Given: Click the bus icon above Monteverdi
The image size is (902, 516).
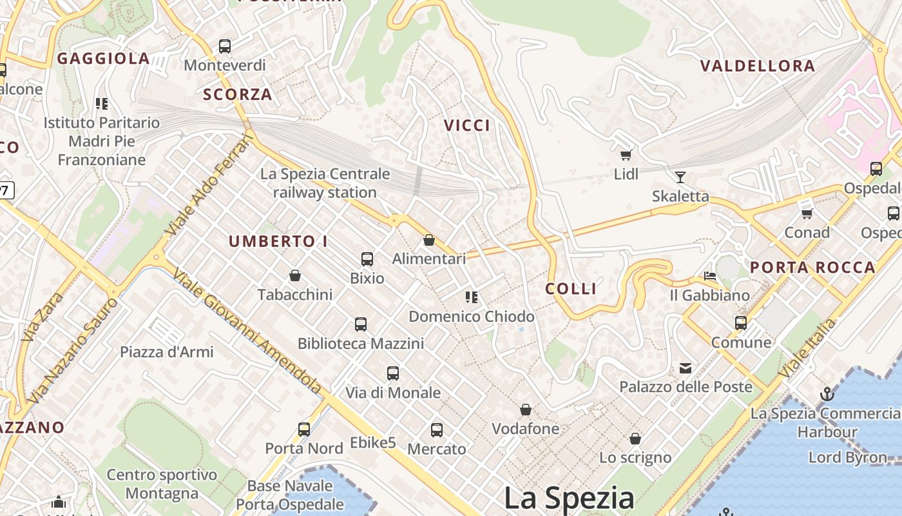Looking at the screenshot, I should point(224,46).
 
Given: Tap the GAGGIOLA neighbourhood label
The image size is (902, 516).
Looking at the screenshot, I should point(104,59).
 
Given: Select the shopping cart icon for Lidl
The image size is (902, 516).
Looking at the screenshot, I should point(625,155).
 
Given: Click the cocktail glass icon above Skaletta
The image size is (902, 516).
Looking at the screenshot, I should point(680,177).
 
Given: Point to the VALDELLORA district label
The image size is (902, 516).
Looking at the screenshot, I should point(758,66).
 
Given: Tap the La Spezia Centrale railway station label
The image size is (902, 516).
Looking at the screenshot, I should point(325,183).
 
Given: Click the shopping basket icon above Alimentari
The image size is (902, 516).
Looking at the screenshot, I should point(429,241).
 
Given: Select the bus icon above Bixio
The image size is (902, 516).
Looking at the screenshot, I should point(367,259).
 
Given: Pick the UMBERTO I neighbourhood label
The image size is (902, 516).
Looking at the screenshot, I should point(278,242).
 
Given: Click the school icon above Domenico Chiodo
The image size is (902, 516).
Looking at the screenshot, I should point(472,297).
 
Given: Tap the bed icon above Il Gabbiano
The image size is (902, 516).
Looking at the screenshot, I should point(710,276).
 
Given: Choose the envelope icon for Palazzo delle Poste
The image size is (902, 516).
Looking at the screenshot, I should point(686,368).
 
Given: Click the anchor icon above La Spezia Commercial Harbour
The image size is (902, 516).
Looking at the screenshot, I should point(827,393).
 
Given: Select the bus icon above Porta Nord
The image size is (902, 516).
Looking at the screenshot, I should point(304,429).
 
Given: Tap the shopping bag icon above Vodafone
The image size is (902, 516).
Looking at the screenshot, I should point(526,410).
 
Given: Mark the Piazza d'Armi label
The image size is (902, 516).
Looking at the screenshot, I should point(166,352).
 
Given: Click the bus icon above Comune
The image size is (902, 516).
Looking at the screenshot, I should point(741,323).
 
